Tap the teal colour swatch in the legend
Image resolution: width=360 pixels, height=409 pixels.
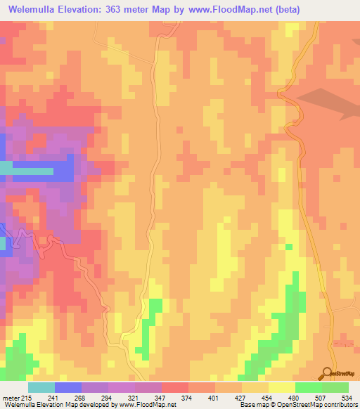point(41,387)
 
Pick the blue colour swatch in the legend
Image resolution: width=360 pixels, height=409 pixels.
point(67,387)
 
